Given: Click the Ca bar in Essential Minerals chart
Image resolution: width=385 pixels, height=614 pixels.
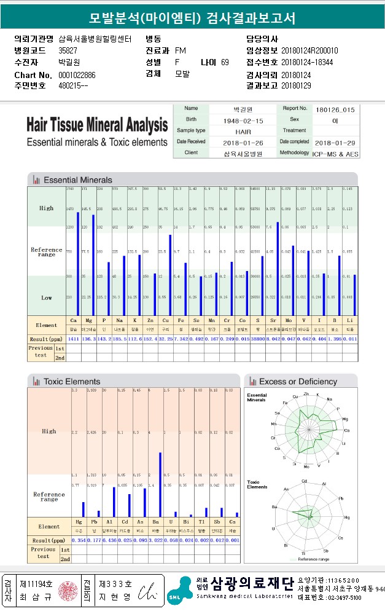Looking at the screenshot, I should (78, 263).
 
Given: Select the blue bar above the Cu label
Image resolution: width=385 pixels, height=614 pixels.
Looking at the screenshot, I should (170, 275).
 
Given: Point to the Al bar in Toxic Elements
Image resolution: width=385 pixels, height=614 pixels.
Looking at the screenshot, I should (114, 502).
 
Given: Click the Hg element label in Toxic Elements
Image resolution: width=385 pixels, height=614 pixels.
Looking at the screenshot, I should (79, 521).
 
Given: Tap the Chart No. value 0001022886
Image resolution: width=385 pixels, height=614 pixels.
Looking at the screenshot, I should (77, 75).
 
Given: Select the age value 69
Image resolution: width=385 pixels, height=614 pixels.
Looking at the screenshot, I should (225, 63).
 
